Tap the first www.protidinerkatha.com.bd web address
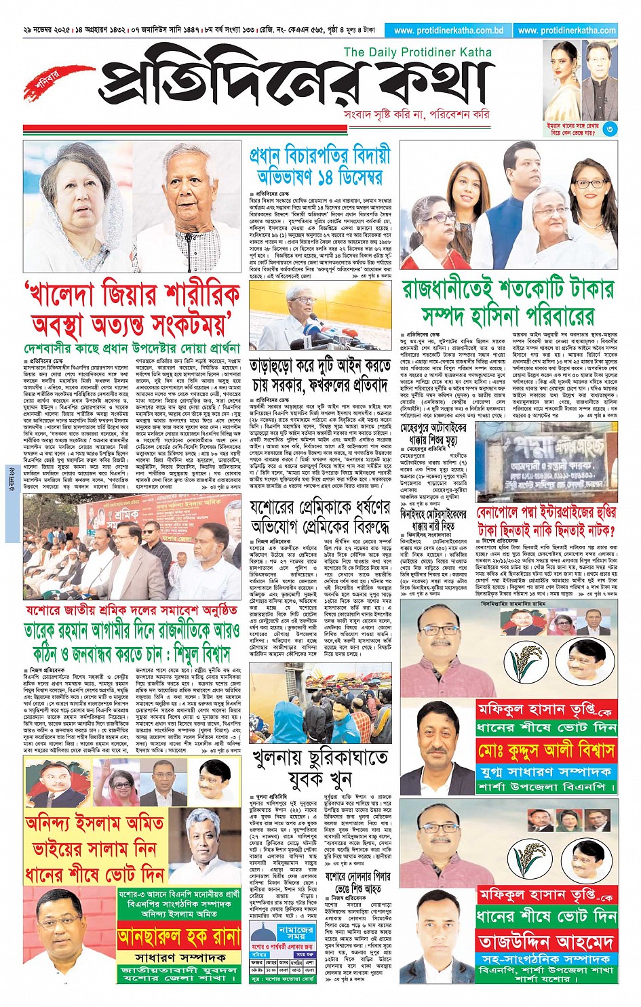[448, 31]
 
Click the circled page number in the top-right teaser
[610, 128]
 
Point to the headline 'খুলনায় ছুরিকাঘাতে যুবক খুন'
[319, 767]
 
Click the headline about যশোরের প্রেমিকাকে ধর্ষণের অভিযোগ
[319, 517]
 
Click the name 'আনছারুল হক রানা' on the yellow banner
[179, 938]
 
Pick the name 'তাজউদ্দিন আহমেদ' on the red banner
[546, 941]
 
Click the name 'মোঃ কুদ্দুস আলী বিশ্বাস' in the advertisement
[546, 751]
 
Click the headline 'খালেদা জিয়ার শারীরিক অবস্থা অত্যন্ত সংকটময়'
[132, 309]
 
